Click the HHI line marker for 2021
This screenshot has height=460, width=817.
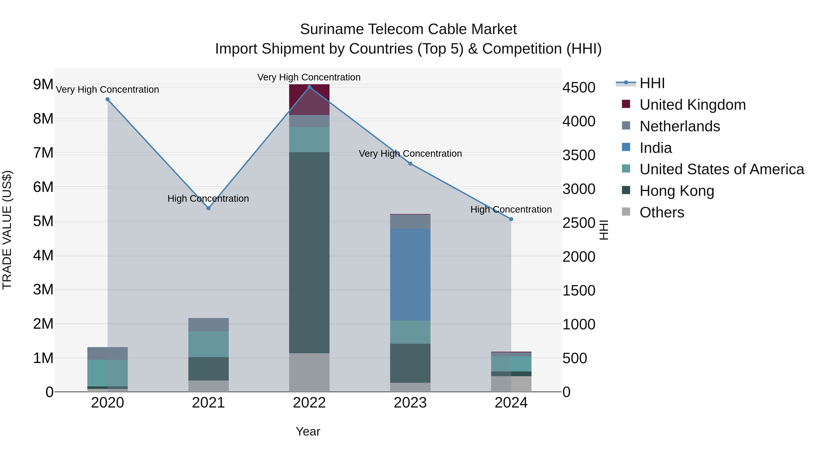[x=208, y=208]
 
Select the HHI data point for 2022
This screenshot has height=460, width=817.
[x=309, y=87]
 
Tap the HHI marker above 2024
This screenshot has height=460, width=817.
[x=511, y=219]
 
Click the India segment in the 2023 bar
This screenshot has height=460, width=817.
[x=410, y=275]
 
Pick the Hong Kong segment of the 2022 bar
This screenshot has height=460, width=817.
[x=309, y=252]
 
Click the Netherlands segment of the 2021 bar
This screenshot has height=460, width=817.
[x=208, y=325]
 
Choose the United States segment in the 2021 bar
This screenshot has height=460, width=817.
[x=208, y=344]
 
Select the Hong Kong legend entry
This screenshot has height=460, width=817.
[x=677, y=191]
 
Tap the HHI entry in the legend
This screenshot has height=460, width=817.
[x=652, y=83]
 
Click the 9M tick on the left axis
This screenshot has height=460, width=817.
[x=43, y=85]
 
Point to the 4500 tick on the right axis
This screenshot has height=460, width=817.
[x=579, y=88]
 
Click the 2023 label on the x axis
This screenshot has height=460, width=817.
[x=410, y=403]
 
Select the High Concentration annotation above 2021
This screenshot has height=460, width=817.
[x=208, y=199]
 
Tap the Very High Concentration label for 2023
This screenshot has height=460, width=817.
[x=410, y=154]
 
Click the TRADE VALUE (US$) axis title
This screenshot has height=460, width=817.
[x=7, y=230]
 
